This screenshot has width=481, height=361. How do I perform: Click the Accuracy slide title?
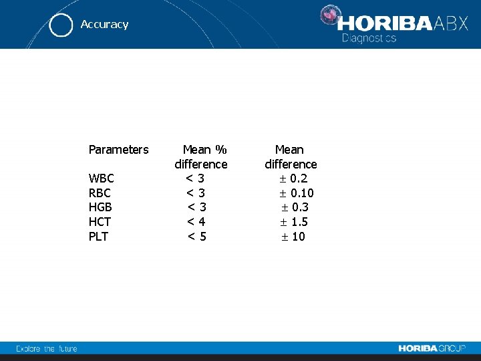pyautogui.click(x=104, y=24)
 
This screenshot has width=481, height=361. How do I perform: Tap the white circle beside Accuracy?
pyautogui.click(x=61, y=25)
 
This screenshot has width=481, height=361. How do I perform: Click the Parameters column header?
pyautogui.click(x=118, y=150)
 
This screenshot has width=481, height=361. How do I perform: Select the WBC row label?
pyautogui.click(x=101, y=178)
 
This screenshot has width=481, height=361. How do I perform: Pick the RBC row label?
pyautogui.click(x=100, y=193)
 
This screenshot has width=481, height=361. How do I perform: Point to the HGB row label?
pyautogui.click(x=100, y=207)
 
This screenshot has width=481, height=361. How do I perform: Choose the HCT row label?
pyautogui.click(x=100, y=222)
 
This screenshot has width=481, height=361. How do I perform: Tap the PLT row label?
pyautogui.click(x=98, y=237)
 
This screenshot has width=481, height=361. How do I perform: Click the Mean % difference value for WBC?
pyautogui.click(x=195, y=178)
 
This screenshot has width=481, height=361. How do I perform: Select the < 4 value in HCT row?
pyautogui.click(x=196, y=222)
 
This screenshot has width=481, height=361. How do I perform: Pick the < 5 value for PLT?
pyautogui.click(x=196, y=237)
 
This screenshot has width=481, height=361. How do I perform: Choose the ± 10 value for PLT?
pyautogui.click(x=292, y=237)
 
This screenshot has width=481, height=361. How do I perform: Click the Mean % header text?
pyautogui.click(x=204, y=150)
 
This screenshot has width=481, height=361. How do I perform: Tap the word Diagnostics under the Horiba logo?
pyautogui.click(x=369, y=38)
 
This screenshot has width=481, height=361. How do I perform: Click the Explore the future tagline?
pyautogui.click(x=47, y=348)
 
